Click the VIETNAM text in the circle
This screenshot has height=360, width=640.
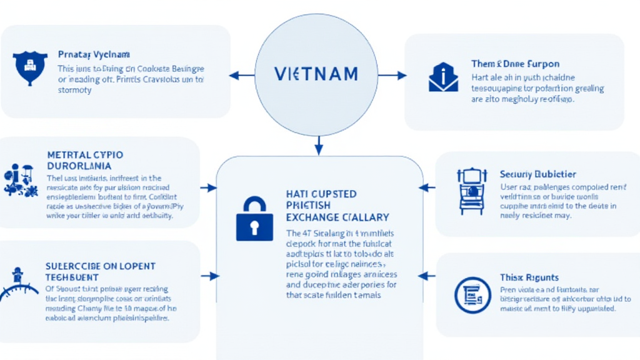click(x=316, y=74)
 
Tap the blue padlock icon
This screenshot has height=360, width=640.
click(x=254, y=219)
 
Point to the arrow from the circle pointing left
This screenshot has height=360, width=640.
click(x=241, y=76)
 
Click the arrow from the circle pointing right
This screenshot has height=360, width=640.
click(x=392, y=76)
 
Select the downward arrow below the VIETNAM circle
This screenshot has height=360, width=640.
click(x=318, y=145)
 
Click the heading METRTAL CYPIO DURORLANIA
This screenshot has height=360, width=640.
click(x=85, y=160)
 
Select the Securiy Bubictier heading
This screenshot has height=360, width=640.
click(x=538, y=174)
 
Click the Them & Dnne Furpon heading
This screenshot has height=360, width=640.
click(x=515, y=64)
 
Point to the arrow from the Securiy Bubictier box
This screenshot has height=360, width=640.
click(x=427, y=187)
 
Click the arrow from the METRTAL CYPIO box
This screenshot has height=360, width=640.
click(x=208, y=187)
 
